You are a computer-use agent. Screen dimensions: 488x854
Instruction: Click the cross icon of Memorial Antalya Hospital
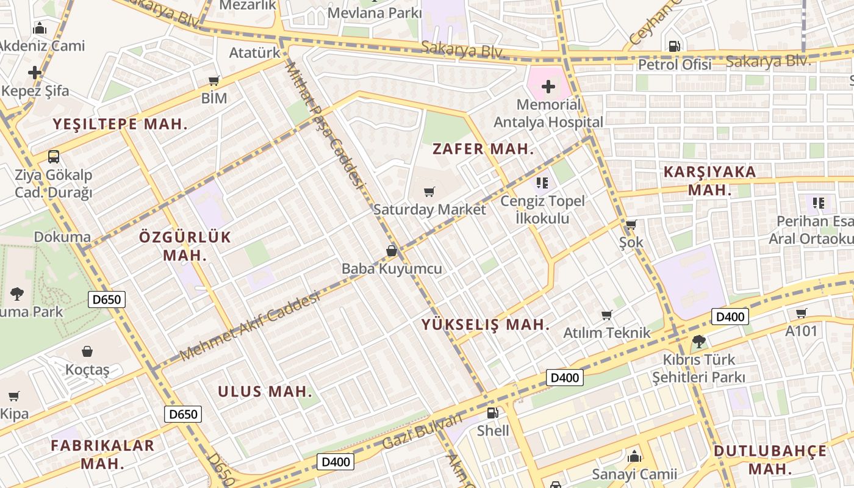point(548,87)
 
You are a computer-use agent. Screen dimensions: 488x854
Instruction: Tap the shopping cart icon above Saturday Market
point(429,192)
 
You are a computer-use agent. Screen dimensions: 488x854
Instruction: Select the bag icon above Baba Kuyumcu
point(392,251)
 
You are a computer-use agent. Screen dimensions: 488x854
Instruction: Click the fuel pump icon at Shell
point(493,413)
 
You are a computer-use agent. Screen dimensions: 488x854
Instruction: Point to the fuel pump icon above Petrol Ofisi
point(675,46)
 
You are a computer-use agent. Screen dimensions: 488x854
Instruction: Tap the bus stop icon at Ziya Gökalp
point(54,156)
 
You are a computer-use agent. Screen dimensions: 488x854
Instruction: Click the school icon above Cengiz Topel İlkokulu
point(542,182)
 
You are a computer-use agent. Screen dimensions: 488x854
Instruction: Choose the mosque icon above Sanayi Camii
point(634,456)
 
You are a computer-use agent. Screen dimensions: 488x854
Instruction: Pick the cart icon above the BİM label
point(214,81)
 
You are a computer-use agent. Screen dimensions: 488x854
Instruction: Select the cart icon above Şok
point(631,224)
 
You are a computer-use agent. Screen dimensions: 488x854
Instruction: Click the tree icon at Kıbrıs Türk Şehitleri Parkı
point(699,342)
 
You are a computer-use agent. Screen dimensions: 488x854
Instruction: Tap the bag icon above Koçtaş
point(87,351)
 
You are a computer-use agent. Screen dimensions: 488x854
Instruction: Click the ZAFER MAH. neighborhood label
point(483,149)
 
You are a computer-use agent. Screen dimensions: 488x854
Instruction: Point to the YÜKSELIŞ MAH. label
point(486,325)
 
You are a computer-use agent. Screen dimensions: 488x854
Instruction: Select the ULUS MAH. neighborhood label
point(265,392)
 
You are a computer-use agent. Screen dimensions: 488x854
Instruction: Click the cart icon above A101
point(801,314)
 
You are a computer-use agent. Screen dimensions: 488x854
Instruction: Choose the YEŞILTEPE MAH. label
point(120,124)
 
